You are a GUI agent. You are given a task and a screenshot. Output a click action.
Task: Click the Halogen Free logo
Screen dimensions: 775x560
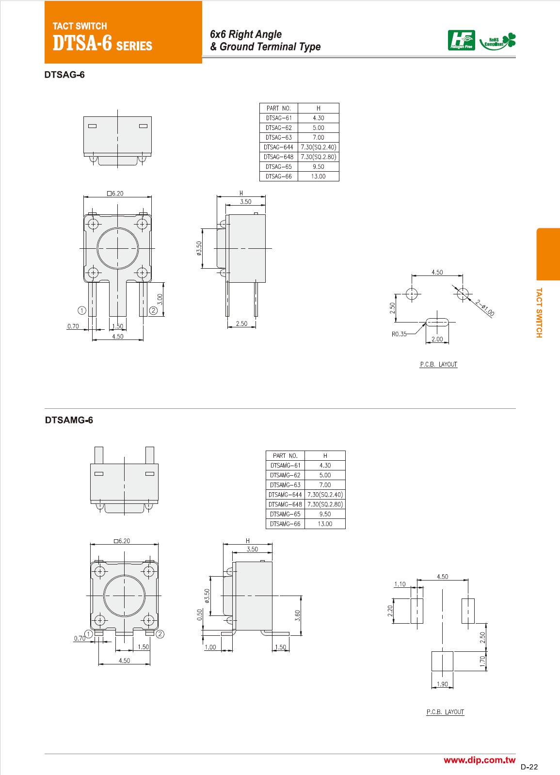(461, 40)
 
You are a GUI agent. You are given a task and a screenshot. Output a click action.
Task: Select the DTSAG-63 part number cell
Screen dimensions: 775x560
(279, 138)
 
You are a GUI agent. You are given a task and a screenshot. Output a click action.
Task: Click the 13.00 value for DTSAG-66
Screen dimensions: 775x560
(318, 177)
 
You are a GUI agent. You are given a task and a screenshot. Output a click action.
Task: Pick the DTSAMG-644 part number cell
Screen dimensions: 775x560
(285, 495)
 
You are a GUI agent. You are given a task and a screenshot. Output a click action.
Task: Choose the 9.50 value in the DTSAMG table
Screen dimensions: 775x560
(325, 514)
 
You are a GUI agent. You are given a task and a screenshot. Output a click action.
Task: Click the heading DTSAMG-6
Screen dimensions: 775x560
(69, 420)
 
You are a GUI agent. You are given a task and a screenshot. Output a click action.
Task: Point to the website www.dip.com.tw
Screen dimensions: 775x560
(479, 760)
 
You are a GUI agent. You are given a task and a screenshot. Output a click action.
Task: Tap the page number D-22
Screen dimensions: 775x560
(529, 767)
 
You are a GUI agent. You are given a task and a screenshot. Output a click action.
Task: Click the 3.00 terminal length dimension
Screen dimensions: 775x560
(160, 299)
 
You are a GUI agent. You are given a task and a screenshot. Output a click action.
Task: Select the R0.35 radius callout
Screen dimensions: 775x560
(399, 334)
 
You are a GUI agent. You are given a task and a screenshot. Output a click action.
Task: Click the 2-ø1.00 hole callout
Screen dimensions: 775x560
(484, 308)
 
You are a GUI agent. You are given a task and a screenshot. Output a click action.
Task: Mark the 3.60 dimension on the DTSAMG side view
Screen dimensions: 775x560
(297, 615)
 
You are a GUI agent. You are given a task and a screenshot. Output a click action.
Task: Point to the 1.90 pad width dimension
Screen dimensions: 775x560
(442, 684)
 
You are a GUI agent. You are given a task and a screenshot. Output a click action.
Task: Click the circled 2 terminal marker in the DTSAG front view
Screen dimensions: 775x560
(153, 310)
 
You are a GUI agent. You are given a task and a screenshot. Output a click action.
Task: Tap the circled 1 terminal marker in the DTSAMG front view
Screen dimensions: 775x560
(89, 634)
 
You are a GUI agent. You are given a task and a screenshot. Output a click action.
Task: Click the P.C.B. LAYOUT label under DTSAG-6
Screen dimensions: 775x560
(438, 364)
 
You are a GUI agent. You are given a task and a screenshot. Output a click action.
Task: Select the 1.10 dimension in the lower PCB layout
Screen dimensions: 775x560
(400, 584)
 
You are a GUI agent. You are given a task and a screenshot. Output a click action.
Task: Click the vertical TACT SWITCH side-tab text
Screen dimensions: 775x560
(539, 312)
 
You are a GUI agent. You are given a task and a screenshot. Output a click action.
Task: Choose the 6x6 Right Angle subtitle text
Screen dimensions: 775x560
(245, 34)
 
